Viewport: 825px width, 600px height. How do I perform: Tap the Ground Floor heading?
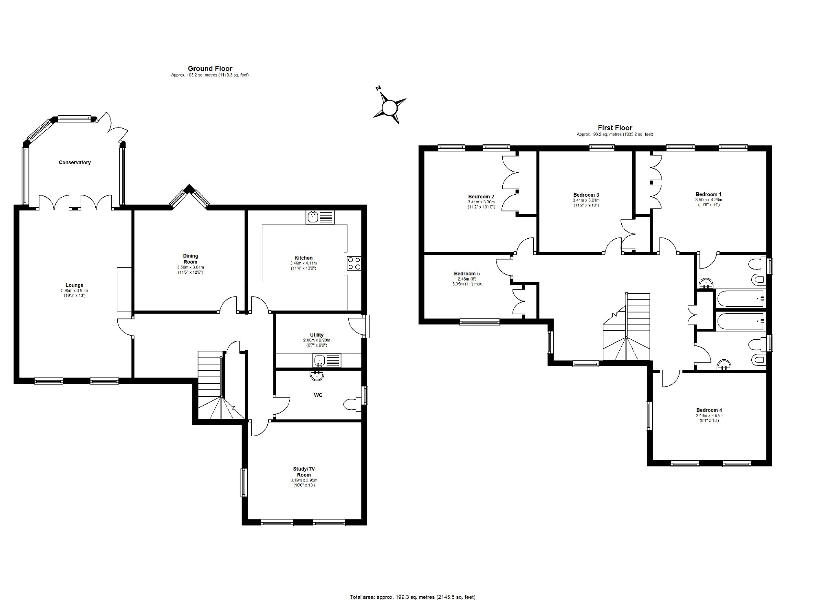pyautogui.click(x=210, y=68)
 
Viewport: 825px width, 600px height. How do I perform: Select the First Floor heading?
pyautogui.click(x=615, y=127)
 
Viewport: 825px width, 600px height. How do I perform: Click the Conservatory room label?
pyautogui.click(x=75, y=163)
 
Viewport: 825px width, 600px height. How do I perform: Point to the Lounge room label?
pyautogui.click(x=75, y=285)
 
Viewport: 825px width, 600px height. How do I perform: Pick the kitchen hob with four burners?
pyautogui.click(x=354, y=263)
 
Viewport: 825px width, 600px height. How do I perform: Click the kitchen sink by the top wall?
pyautogui.click(x=320, y=217)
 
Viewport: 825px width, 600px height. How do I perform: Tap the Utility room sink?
pyautogui.click(x=327, y=360)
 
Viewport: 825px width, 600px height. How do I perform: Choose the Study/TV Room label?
pyautogui.click(x=304, y=472)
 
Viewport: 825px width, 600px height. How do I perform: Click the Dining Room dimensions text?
pyautogui.click(x=190, y=270)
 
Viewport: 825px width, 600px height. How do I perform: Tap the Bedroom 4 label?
pyautogui.click(x=709, y=410)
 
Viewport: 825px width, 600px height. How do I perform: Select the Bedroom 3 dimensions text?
pyautogui.click(x=586, y=203)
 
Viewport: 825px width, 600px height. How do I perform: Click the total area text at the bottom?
pyautogui.click(x=412, y=597)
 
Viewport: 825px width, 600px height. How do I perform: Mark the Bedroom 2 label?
pyautogui.click(x=481, y=196)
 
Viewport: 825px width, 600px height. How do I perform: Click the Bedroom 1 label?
pyautogui.click(x=708, y=194)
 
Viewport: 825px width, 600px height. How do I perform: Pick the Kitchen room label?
pyautogui.click(x=304, y=258)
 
